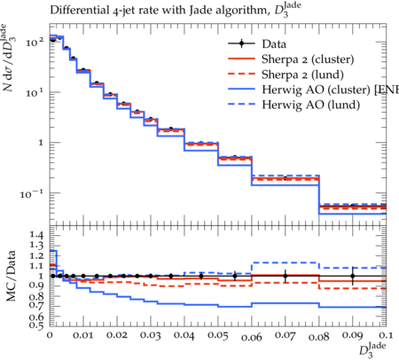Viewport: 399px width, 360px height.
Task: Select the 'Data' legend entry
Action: pos(274,44)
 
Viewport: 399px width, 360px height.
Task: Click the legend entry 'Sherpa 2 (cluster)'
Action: pos(308,59)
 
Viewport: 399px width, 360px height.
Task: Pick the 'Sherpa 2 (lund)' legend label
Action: pos(302,74)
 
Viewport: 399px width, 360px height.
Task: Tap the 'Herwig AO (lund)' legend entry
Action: pos(311,105)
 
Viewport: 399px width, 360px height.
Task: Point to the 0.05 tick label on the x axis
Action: pos(218,335)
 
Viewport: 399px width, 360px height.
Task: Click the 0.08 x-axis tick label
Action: pos(319,337)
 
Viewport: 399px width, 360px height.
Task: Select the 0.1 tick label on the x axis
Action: pos(386,335)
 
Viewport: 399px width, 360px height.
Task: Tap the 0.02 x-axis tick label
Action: pos(117,335)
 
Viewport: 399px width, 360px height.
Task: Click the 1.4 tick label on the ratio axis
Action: pos(36,235)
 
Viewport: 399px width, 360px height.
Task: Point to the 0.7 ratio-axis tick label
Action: pos(36,304)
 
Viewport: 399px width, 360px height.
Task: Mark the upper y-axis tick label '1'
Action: pos(41,143)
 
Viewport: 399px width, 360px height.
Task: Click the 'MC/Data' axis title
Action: pos(12,276)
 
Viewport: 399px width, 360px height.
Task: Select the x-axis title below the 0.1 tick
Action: pos(372,349)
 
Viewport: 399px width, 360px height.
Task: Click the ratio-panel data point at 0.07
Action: pos(286,276)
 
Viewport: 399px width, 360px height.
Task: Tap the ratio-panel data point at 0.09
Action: pos(353,276)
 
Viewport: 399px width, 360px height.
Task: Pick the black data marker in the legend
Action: pos(241,43)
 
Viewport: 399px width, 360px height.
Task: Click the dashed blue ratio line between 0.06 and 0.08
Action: pos(286,262)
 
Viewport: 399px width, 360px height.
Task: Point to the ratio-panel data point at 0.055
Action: pos(235,276)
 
